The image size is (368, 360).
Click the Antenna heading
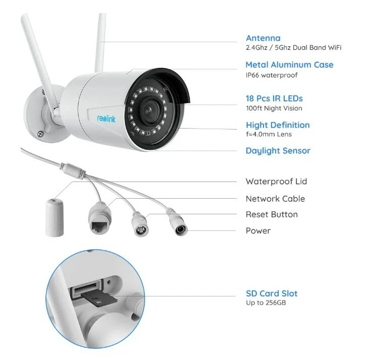pos(263,38)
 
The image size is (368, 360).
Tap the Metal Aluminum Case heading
pos(289,65)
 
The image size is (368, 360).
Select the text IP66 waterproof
pos(272,75)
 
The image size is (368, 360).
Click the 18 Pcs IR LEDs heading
pos(274,98)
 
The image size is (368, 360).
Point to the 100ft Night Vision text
pos(274,108)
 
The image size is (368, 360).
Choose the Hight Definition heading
pos(278,125)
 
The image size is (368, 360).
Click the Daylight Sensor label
pos(278,151)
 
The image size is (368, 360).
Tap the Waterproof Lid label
pos(276,182)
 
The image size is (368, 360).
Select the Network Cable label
pos(275,199)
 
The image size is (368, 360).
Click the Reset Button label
pos(272,214)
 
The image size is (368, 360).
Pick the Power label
pos(258,231)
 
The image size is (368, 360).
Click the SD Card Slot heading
pos(272,293)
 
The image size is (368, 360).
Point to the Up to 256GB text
pos(266,303)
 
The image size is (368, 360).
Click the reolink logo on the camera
pos(107,118)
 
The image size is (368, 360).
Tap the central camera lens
pos(149,110)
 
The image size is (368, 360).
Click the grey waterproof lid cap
pos(55,217)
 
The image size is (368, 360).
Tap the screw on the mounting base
pos(40,134)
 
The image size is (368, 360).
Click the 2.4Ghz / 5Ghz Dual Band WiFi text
pos(294,47)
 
